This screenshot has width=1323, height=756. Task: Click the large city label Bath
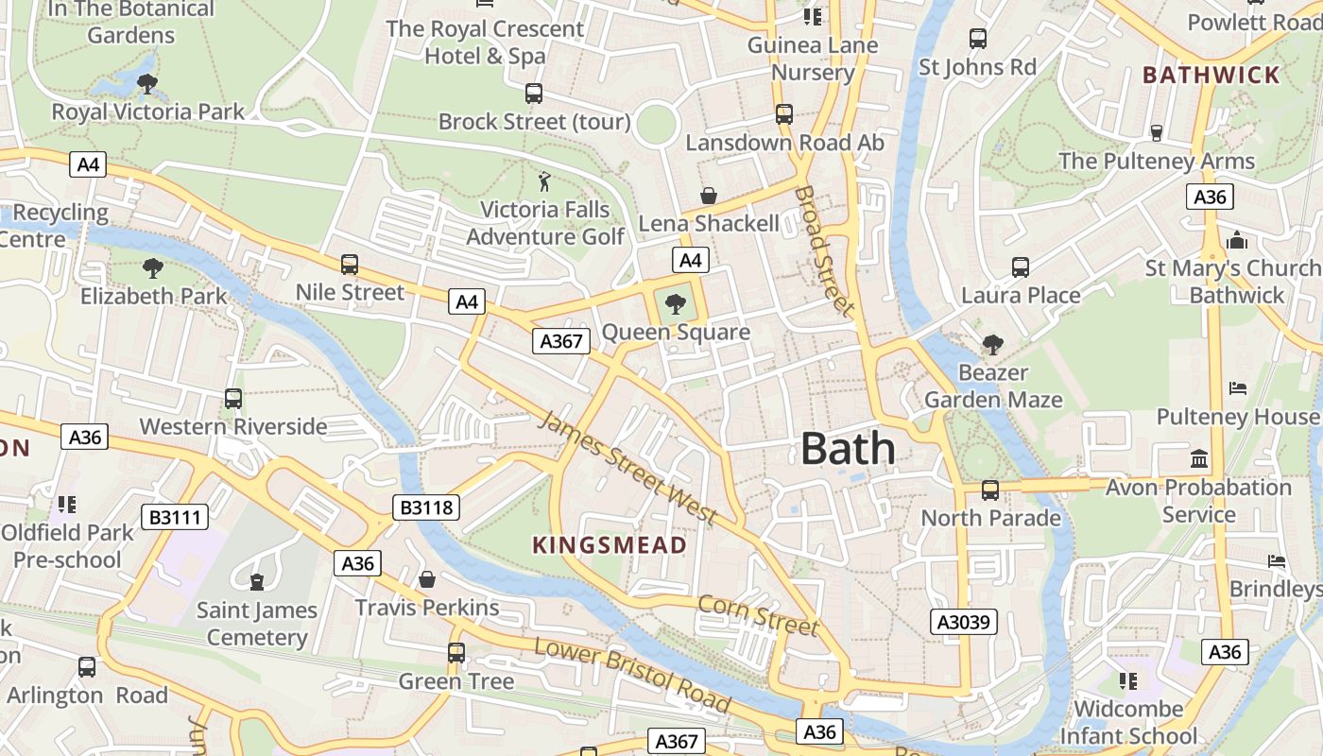tap(848, 449)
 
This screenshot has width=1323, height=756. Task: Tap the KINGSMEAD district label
tap(610, 545)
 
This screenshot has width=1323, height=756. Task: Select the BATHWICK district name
tap(1211, 75)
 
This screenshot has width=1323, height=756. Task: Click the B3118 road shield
tap(427, 507)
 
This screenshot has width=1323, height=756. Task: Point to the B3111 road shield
tap(175, 517)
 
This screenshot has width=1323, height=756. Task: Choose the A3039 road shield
tap(964, 621)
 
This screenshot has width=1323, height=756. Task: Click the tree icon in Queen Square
tap(675, 303)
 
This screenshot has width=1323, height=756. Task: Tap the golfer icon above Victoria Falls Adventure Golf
tap(544, 180)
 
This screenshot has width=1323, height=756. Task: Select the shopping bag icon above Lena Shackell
tap(708, 196)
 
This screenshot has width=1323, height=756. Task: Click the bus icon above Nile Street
tap(350, 265)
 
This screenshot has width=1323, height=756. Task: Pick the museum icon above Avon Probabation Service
tap(1199, 459)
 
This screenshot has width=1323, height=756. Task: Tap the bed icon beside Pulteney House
tap(1238, 388)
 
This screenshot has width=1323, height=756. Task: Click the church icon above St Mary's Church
tap(1237, 240)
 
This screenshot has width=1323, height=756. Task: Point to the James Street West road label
tap(628, 469)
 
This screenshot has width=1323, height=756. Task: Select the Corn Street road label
tap(758, 614)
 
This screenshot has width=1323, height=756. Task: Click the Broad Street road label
tap(824, 249)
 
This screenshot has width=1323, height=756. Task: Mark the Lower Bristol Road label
tap(632, 675)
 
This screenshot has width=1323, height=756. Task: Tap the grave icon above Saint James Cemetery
tap(256, 580)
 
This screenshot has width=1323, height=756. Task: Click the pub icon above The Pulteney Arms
tap(1156, 132)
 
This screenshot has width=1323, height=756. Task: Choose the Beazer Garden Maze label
tap(993, 386)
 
